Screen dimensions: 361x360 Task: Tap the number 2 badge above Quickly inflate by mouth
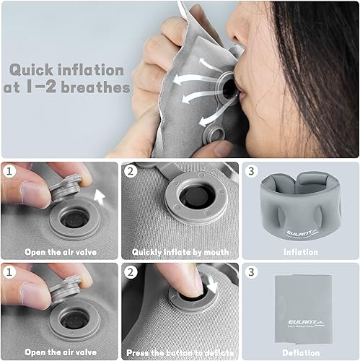(x=131, y=173)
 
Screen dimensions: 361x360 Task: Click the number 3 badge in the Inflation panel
(x=251, y=173)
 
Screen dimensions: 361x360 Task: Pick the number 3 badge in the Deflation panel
(x=251, y=272)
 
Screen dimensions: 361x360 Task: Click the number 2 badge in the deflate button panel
(x=131, y=272)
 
